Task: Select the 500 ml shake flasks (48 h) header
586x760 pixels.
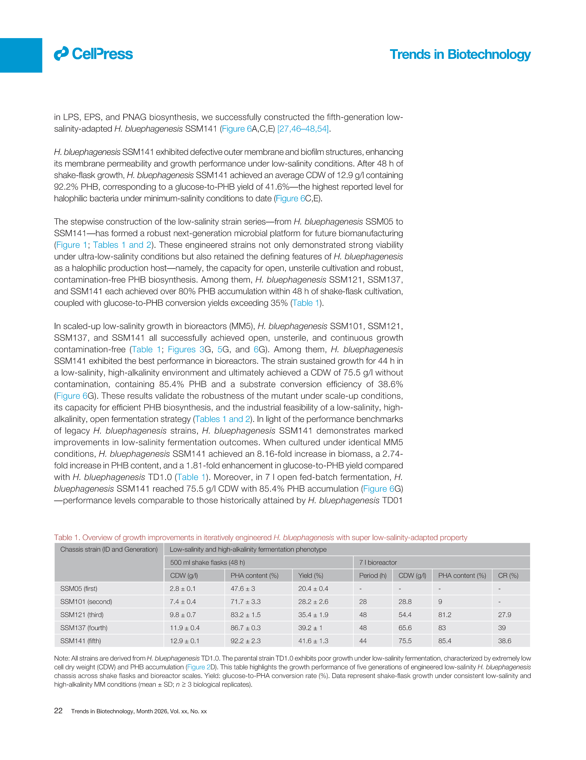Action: (x=207, y=562)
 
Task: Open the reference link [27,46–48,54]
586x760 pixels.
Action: (x=303, y=129)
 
